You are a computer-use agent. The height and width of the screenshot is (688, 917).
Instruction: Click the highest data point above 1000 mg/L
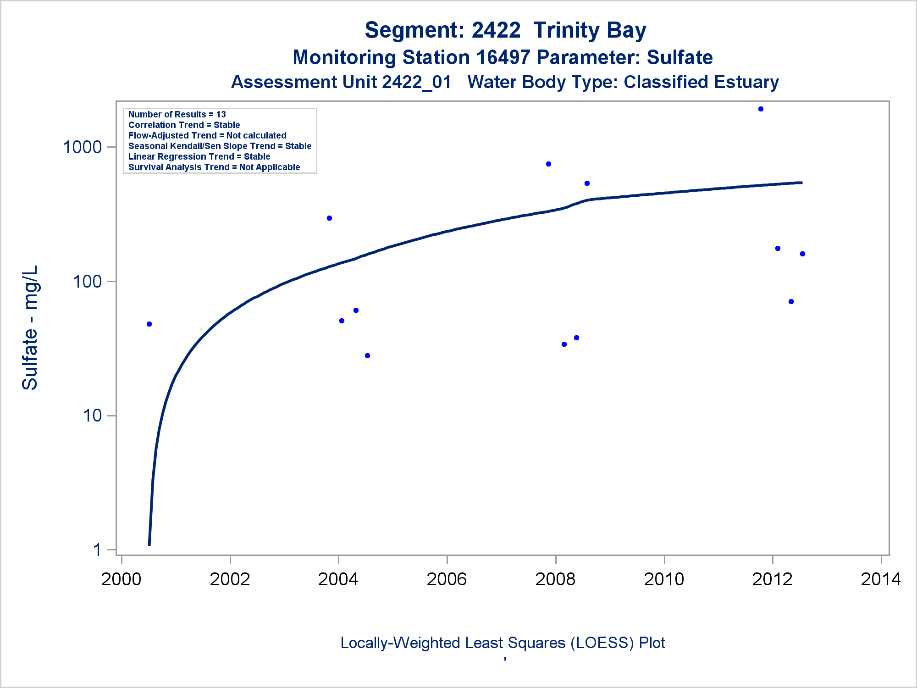click(761, 109)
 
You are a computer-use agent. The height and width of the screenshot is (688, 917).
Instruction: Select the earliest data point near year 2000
click(149, 324)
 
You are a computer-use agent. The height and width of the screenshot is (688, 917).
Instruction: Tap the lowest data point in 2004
click(367, 356)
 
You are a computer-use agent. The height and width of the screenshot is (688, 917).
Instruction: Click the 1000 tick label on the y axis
click(82, 147)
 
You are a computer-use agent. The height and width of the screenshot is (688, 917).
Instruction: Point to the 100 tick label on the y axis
click(87, 281)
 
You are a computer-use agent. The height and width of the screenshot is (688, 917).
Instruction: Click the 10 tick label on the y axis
click(92, 416)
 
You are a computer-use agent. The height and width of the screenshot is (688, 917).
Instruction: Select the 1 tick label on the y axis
click(97, 549)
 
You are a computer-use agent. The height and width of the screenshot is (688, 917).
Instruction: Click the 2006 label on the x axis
click(447, 579)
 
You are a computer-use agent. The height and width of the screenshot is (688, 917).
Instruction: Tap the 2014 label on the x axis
click(881, 579)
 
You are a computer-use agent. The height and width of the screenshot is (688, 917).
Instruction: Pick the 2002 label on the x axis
click(230, 579)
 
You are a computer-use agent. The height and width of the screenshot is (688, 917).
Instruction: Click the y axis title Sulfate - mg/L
click(30, 327)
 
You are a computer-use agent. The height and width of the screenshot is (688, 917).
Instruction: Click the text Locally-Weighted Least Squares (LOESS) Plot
click(503, 643)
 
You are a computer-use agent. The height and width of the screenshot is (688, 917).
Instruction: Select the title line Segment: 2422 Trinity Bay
click(505, 30)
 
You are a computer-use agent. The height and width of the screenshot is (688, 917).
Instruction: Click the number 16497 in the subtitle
click(503, 58)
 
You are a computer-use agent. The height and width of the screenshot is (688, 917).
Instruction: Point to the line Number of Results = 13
click(177, 115)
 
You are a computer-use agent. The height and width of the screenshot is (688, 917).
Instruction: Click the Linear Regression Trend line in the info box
click(199, 157)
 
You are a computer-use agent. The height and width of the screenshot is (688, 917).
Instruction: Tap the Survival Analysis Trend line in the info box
click(214, 167)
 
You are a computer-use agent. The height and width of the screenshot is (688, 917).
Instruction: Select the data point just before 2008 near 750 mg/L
click(548, 164)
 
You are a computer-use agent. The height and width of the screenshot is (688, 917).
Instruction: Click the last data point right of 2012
click(802, 254)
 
